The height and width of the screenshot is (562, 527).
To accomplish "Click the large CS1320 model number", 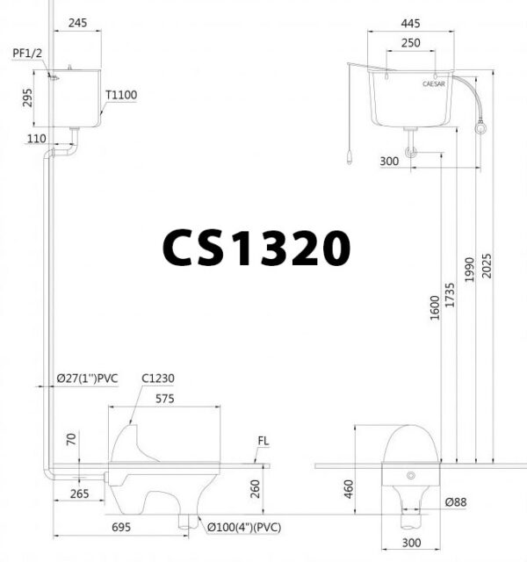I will coord(256,249).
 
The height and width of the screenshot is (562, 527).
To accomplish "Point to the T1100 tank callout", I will coord(121,95).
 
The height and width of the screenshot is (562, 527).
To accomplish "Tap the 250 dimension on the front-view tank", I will coord(411,43).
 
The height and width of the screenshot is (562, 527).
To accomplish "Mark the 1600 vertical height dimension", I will coord(436,307).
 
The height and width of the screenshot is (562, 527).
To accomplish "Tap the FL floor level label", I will coord(263,442).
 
